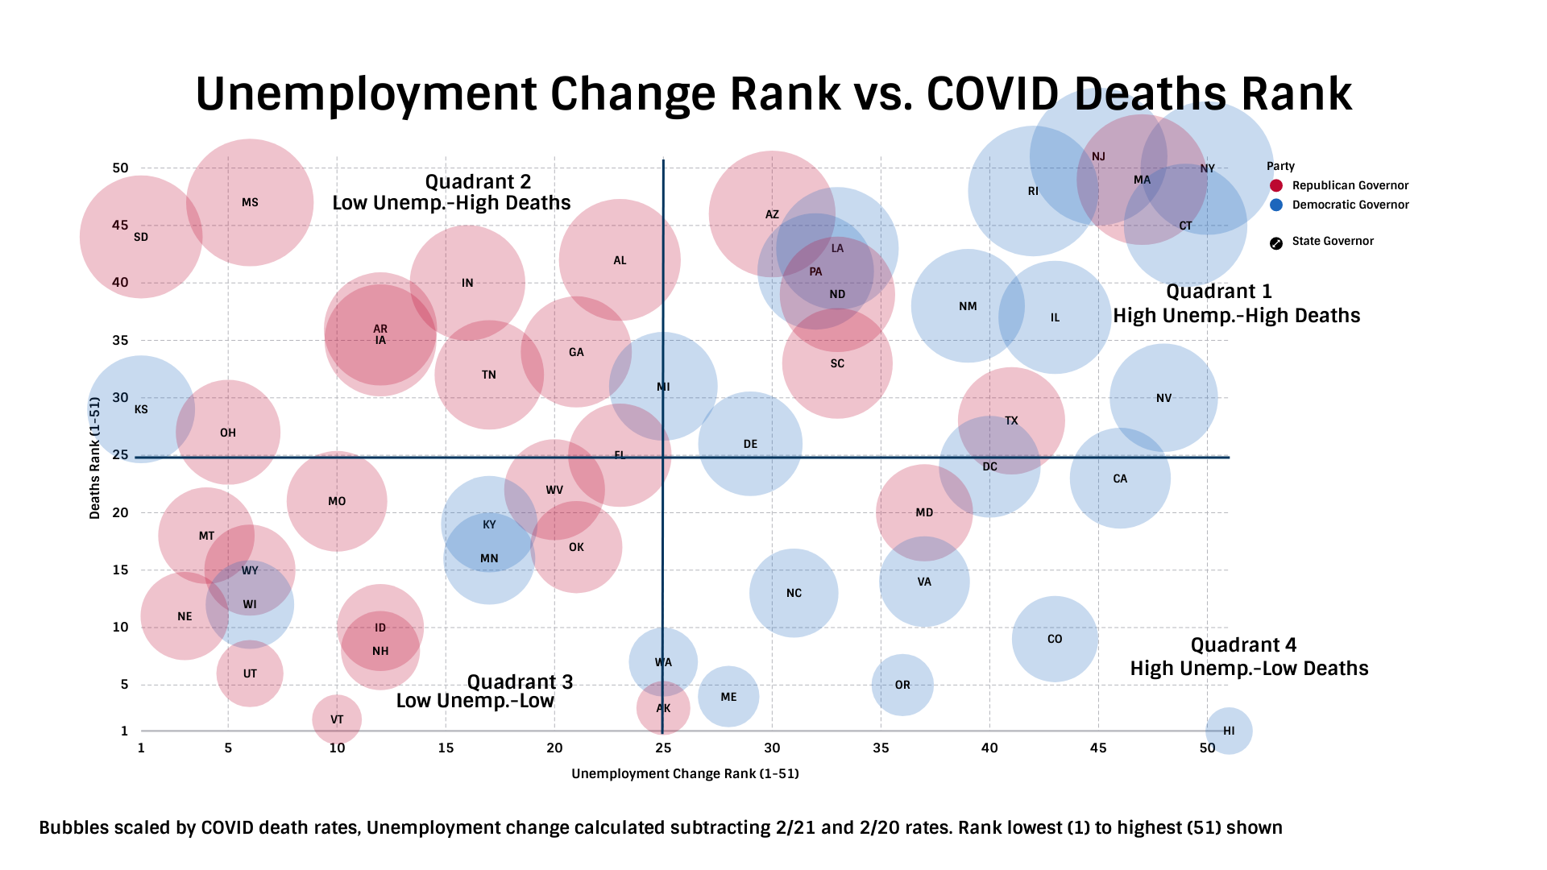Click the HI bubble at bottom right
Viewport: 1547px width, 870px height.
(1229, 731)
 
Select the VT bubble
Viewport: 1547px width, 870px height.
(337, 719)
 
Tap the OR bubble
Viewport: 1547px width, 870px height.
(902, 685)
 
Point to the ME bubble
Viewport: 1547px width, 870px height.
(728, 697)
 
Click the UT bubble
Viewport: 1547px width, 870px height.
(250, 673)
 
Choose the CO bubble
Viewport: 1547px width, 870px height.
(1055, 639)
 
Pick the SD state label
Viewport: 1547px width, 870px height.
(141, 237)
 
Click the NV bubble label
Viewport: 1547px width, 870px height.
(1163, 398)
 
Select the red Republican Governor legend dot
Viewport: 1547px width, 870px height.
(1276, 186)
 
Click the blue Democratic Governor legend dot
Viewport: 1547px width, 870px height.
(1276, 205)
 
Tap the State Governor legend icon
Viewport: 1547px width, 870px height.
(1276, 243)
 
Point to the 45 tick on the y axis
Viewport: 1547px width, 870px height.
(120, 225)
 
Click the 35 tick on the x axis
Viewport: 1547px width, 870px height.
(881, 748)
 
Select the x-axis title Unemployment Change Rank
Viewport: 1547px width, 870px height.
(685, 774)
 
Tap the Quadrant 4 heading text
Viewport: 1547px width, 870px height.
(1243, 645)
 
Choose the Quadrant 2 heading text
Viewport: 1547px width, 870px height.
(478, 182)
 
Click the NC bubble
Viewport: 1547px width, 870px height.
(794, 593)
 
